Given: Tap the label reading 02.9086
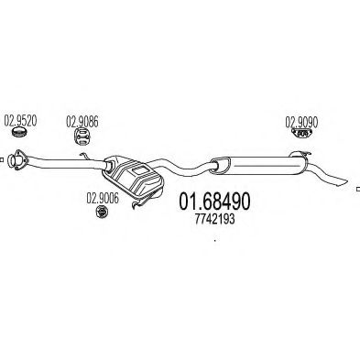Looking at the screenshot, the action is (x=81, y=120).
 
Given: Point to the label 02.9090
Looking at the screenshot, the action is (x=300, y=120).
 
